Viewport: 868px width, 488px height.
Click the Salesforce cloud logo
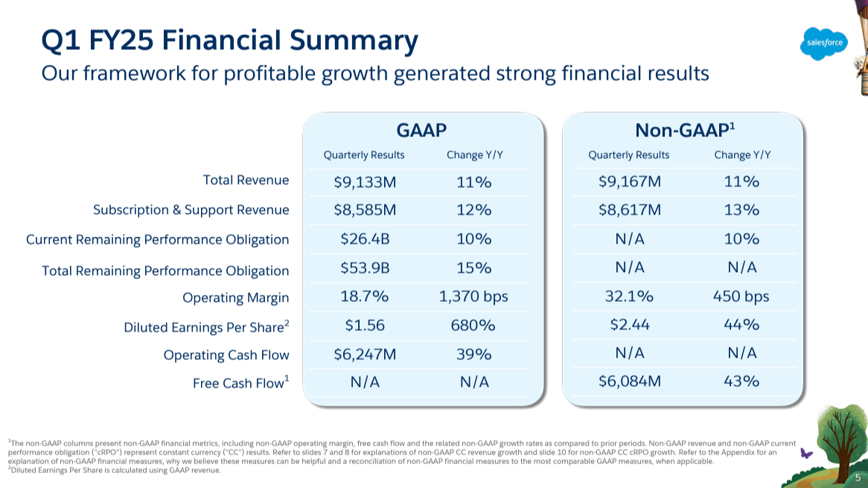[x=825, y=42]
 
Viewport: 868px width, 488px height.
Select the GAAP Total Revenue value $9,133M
[x=364, y=182]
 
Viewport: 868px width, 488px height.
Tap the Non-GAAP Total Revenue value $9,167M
[x=629, y=182]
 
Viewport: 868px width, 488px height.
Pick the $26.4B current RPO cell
[x=364, y=239]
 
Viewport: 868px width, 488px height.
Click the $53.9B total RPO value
[x=364, y=267]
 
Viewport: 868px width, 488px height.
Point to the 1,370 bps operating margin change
[x=473, y=297]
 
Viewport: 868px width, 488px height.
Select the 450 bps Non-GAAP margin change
[x=741, y=297]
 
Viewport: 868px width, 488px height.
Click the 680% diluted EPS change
[x=473, y=325]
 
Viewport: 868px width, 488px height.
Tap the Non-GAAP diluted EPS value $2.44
[x=629, y=325]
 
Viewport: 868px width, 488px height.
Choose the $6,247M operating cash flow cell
[x=364, y=354]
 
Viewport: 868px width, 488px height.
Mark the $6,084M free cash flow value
[x=629, y=381]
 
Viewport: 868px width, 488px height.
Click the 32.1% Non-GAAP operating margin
[x=629, y=297]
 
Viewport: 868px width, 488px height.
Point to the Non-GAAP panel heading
[x=684, y=130]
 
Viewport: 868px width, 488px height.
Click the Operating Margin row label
[x=235, y=298]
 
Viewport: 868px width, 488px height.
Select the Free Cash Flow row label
[x=240, y=384]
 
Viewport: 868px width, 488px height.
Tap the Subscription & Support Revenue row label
[x=191, y=210]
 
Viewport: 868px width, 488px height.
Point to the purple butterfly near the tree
[x=804, y=452]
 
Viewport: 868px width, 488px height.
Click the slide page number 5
[x=858, y=478]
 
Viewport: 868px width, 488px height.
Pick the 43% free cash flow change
[x=741, y=381]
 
